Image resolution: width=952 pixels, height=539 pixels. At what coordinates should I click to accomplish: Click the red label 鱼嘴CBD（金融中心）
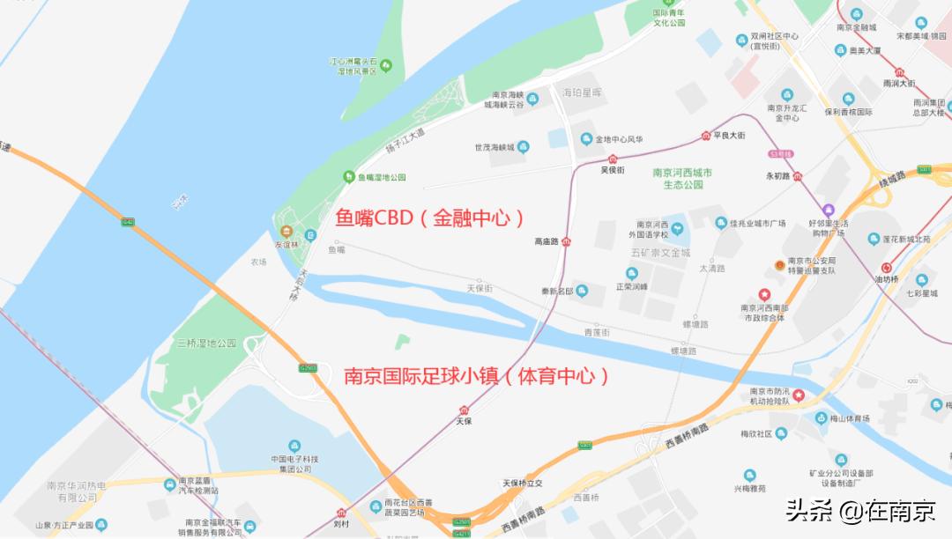430,218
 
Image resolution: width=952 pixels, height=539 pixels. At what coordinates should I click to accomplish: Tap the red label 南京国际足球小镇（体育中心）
477,377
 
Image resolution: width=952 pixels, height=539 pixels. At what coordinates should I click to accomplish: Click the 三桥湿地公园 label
207,343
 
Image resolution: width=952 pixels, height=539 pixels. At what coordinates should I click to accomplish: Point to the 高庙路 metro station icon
566,242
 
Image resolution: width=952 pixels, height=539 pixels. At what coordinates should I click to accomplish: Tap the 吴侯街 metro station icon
612,159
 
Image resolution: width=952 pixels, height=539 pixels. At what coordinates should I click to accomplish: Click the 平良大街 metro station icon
705,135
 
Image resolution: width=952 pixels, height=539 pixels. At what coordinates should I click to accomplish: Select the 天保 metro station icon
464,410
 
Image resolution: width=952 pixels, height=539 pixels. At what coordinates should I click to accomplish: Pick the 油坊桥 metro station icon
886,269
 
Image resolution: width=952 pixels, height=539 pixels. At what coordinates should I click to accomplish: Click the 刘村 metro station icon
341,512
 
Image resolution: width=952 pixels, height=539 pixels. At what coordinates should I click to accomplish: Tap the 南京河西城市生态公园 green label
682,179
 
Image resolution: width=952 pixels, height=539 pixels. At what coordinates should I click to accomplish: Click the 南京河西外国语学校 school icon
677,230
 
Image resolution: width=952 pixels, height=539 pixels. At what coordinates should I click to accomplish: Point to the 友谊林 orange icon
285,232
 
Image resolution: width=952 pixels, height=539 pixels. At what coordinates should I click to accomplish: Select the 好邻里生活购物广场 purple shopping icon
828,210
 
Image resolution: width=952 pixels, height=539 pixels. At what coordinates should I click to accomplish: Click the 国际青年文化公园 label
669,18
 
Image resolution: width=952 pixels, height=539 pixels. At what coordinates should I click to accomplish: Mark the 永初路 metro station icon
797,176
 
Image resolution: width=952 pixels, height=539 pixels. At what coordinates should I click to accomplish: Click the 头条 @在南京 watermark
860,511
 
